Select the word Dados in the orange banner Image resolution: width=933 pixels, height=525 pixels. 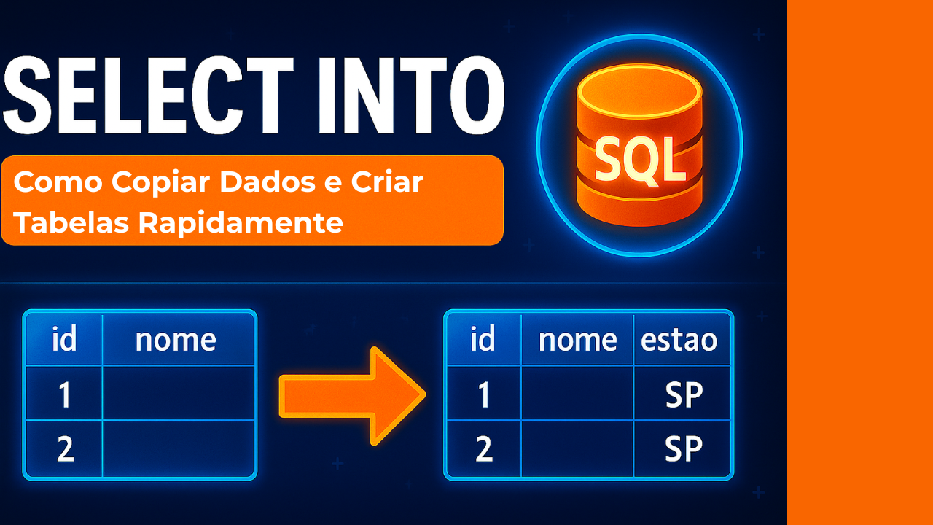tap(268, 182)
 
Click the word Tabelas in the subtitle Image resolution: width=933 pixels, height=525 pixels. tap(71, 222)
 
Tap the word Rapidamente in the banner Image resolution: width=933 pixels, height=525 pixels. tap(241, 224)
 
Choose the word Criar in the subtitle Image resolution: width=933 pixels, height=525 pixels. tap(387, 182)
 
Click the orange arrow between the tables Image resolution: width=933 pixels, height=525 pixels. tap(352, 396)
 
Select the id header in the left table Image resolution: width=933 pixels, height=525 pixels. tap(64, 339)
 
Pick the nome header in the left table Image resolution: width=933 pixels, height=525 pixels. tap(176, 341)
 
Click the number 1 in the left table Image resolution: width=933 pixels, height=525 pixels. tap(65, 394)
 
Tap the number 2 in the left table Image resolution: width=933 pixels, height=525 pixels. tap(66, 448)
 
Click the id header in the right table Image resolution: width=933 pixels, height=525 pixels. tap(483, 339)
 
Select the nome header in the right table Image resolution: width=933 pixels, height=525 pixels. tap(578, 341)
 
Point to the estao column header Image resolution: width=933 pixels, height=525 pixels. tap(679, 341)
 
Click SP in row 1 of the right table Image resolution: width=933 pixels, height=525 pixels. tap(684, 394)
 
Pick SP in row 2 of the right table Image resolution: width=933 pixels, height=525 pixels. tap(684, 448)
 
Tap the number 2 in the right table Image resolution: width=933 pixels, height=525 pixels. tap(484, 448)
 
